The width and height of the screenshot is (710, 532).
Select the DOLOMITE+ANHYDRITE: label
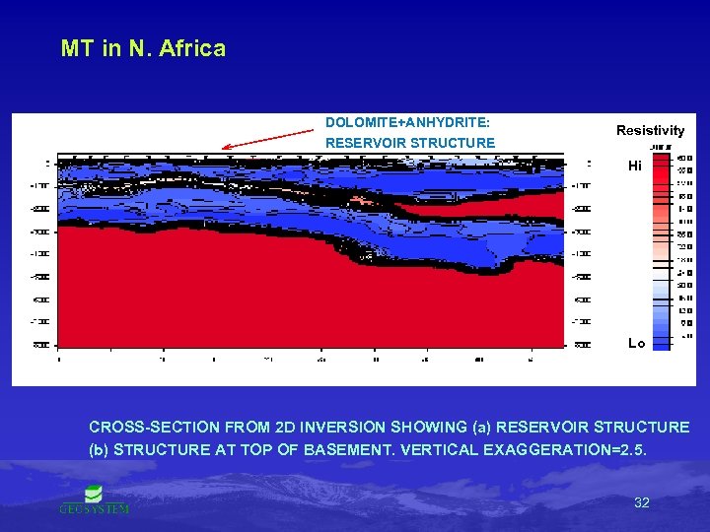tap(408, 123)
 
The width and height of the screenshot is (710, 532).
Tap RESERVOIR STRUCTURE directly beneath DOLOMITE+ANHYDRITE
tap(410, 143)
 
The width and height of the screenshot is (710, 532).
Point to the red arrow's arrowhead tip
tap(224, 148)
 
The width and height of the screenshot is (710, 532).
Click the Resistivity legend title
tap(650, 130)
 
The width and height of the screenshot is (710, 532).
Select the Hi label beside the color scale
tap(635, 166)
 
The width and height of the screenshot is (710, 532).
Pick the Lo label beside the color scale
tap(636, 343)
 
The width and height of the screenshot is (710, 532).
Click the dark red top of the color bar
tap(660, 158)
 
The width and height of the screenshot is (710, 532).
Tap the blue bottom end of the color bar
tap(660, 345)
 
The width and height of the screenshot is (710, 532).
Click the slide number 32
tap(641, 502)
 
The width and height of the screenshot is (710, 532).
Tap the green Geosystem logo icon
tap(94, 494)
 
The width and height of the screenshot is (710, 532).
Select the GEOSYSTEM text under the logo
tap(94, 509)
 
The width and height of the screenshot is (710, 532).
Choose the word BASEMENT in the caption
tap(350, 449)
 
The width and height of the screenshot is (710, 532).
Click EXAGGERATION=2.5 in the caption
tap(583, 449)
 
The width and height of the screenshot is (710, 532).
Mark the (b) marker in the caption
tap(100, 449)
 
